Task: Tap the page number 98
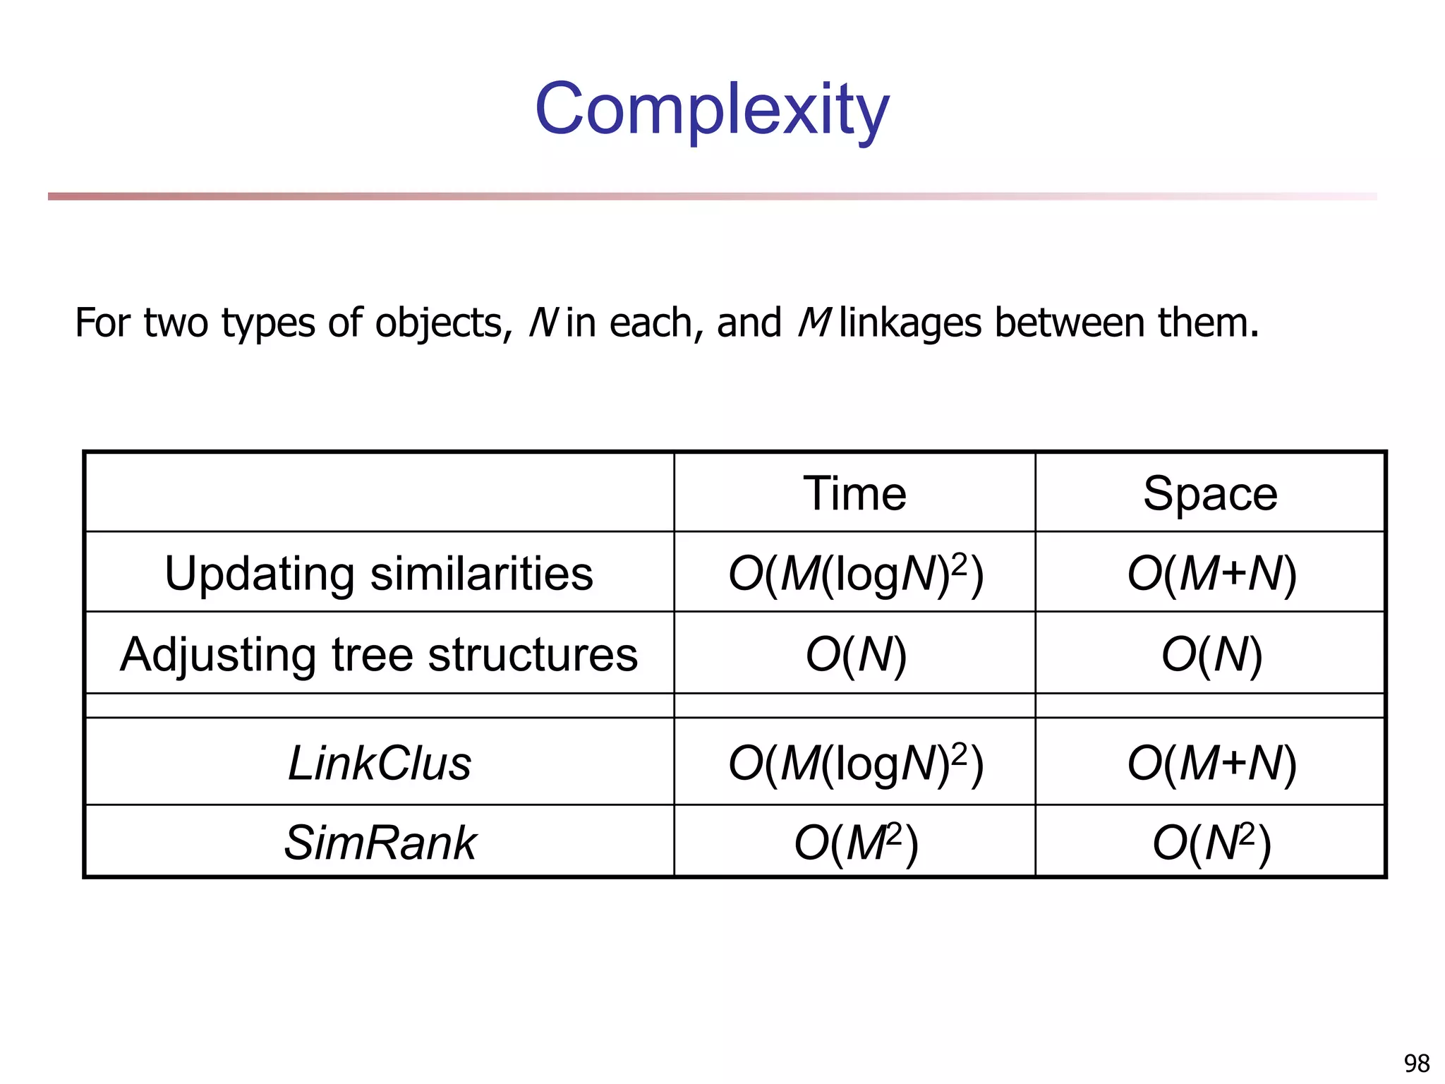[x=1416, y=1063]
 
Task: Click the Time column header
[x=854, y=493]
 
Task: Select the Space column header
[x=1210, y=493]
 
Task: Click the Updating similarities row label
[x=379, y=573]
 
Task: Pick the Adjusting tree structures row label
[x=379, y=654]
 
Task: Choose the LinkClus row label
[x=379, y=764]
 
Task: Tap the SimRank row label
[x=379, y=843]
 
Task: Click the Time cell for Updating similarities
[x=855, y=573]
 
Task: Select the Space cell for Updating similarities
[x=1211, y=573]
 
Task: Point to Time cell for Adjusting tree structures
[x=855, y=654]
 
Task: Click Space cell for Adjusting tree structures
[x=1211, y=654]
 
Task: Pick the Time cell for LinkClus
[x=855, y=764]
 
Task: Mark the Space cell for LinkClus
[x=1211, y=764]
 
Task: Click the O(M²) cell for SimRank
[x=855, y=843]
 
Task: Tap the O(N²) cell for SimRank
[x=1211, y=843]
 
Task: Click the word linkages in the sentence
[x=910, y=323]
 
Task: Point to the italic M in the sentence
[x=813, y=323]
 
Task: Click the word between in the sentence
[x=1069, y=323]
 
